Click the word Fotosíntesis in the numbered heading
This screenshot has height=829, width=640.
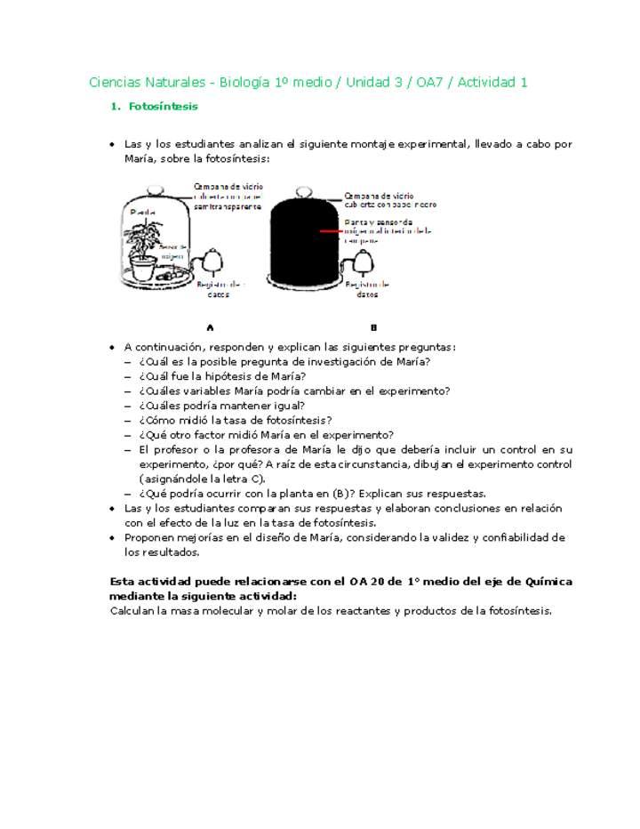tap(164, 107)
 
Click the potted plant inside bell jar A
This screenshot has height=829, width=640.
tap(143, 236)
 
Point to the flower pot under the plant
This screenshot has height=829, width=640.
tap(143, 267)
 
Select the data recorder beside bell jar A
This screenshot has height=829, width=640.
tap(212, 261)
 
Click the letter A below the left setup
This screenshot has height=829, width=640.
tap(210, 327)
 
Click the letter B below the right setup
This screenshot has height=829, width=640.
tap(373, 327)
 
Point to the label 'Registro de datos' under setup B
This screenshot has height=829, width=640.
tap(367, 289)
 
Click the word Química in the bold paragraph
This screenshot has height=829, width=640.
tap(548, 582)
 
